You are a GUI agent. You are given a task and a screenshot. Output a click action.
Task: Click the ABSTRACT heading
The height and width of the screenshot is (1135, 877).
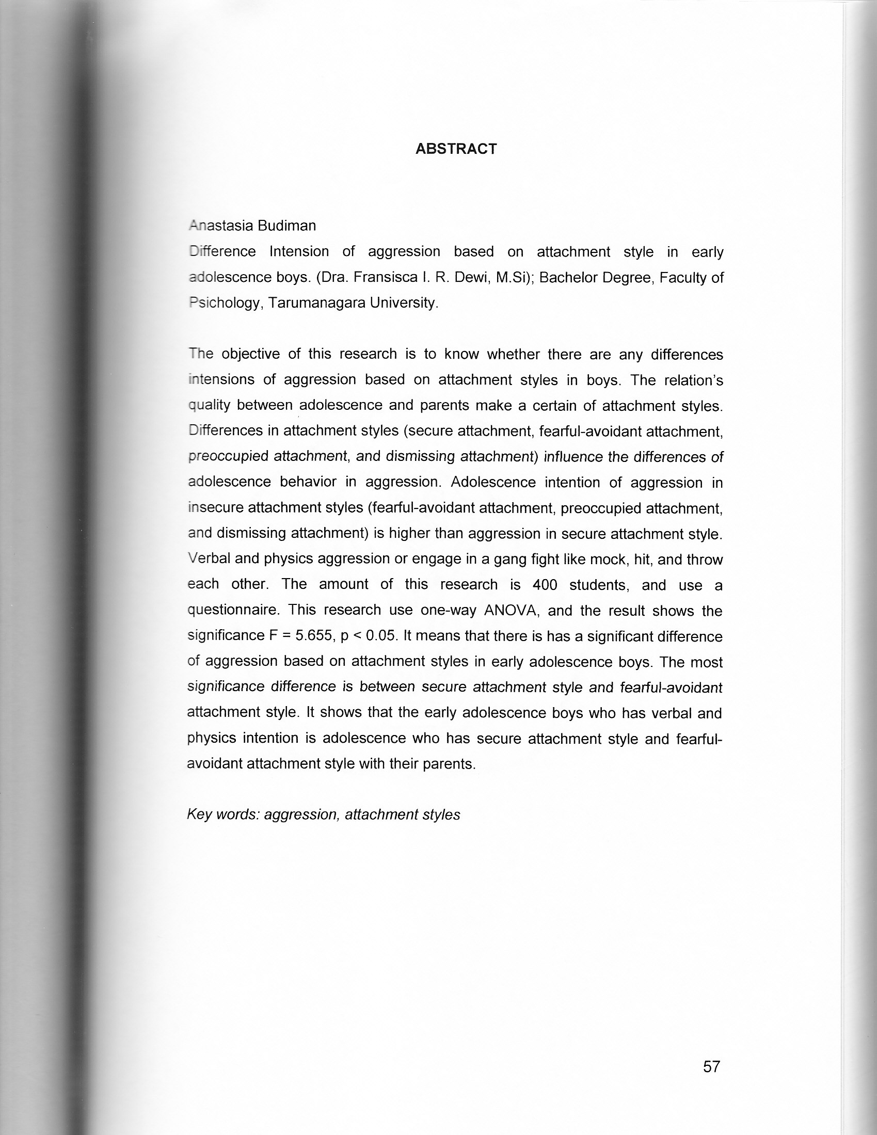tap(456, 149)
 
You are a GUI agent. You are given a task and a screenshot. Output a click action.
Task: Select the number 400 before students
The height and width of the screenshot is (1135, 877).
tap(545, 585)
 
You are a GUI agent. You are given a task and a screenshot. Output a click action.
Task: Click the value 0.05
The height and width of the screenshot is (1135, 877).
tap(381, 635)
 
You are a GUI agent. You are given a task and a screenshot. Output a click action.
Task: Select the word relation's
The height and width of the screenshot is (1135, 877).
tap(693, 380)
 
